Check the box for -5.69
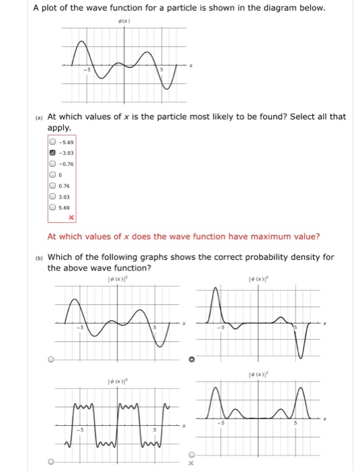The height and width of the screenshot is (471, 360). pos(51,143)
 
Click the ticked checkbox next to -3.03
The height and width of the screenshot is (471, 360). pos(51,153)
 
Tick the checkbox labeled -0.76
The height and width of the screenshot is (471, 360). pos(51,164)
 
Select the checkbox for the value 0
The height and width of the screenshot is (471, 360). pos(51,175)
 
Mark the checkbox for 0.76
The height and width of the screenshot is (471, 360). pos(51,186)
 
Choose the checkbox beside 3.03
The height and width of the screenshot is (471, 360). pos(51,196)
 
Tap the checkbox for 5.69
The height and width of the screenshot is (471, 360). pos(51,207)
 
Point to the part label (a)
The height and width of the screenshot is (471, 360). pos(40,117)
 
